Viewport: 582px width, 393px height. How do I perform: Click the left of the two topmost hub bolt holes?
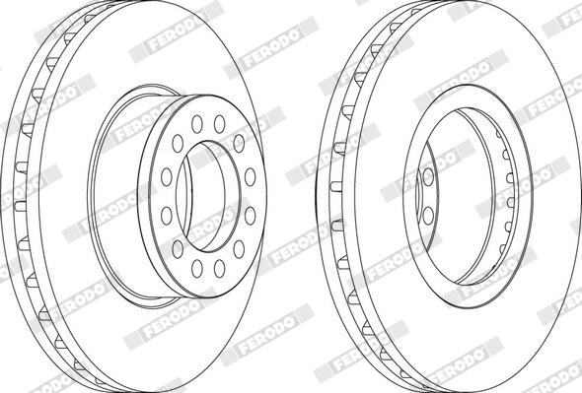pos(196,124)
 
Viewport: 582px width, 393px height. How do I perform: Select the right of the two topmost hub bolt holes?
pos(219,124)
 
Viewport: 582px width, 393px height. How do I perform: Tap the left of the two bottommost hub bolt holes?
pos(196,269)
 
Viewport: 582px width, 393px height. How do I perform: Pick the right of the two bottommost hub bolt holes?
pos(219,269)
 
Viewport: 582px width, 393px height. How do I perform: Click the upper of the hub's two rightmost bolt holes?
pos(251,177)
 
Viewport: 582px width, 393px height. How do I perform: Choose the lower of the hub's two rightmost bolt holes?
pos(251,216)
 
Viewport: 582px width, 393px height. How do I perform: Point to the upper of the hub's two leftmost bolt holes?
pos(167,177)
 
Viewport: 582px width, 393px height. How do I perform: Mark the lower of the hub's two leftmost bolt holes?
pos(167,216)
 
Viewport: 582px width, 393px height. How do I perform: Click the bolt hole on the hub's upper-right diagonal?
pos(239,144)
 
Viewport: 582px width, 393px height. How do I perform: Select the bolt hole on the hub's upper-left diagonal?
pos(178,144)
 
